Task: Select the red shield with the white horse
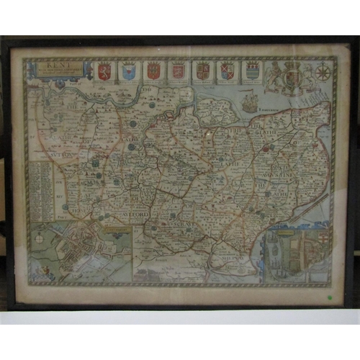(105, 71)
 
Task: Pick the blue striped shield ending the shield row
(252, 71)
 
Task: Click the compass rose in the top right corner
(323, 73)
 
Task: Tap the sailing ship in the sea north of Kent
(249, 104)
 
